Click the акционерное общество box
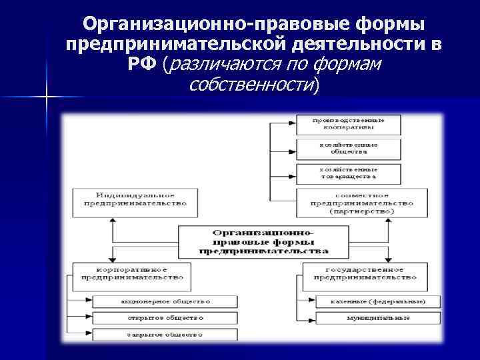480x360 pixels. click(x=165, y=301)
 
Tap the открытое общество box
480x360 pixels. click(x=165, y=318)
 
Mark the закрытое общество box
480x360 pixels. click(x=165, y=334)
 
